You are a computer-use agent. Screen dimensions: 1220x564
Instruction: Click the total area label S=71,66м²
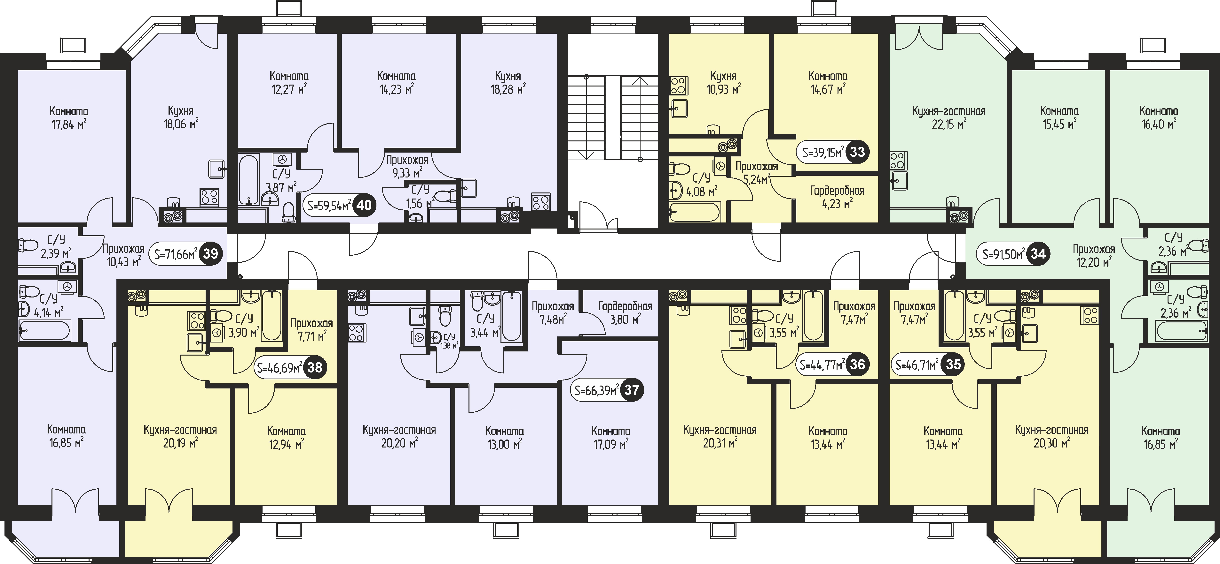[175, 254]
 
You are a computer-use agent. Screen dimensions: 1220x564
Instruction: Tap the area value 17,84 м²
[69, 124]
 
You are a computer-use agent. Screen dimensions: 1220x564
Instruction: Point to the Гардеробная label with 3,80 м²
[625, 306]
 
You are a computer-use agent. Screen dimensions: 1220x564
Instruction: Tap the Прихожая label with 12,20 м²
[1094, 249]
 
